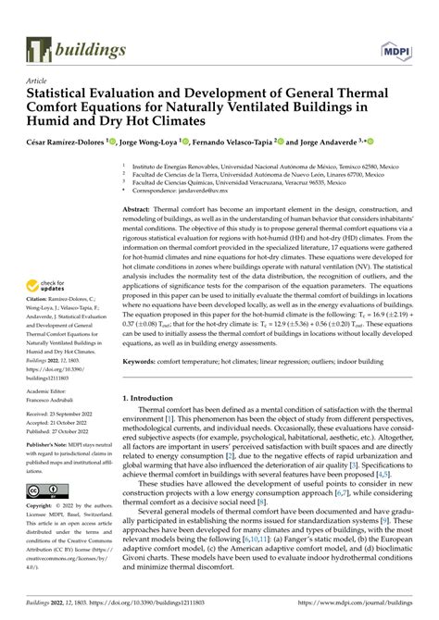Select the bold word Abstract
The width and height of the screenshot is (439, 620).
pyautogui.click(x=138, y=211)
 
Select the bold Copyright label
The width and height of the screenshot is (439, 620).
pyautogui.click(x=40, y=507)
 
